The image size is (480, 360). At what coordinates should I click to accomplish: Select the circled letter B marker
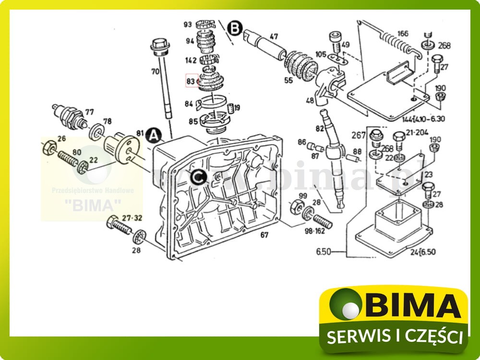234,28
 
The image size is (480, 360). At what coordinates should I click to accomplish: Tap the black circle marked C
198,178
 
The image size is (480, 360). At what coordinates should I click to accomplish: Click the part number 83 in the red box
191,82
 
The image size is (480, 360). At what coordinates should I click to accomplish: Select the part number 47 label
274,36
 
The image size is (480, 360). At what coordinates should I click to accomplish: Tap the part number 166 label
403,34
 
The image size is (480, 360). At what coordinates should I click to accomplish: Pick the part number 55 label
288,80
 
